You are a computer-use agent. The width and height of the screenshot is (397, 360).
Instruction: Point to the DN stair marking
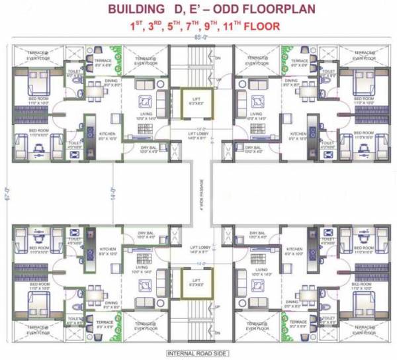217,59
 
